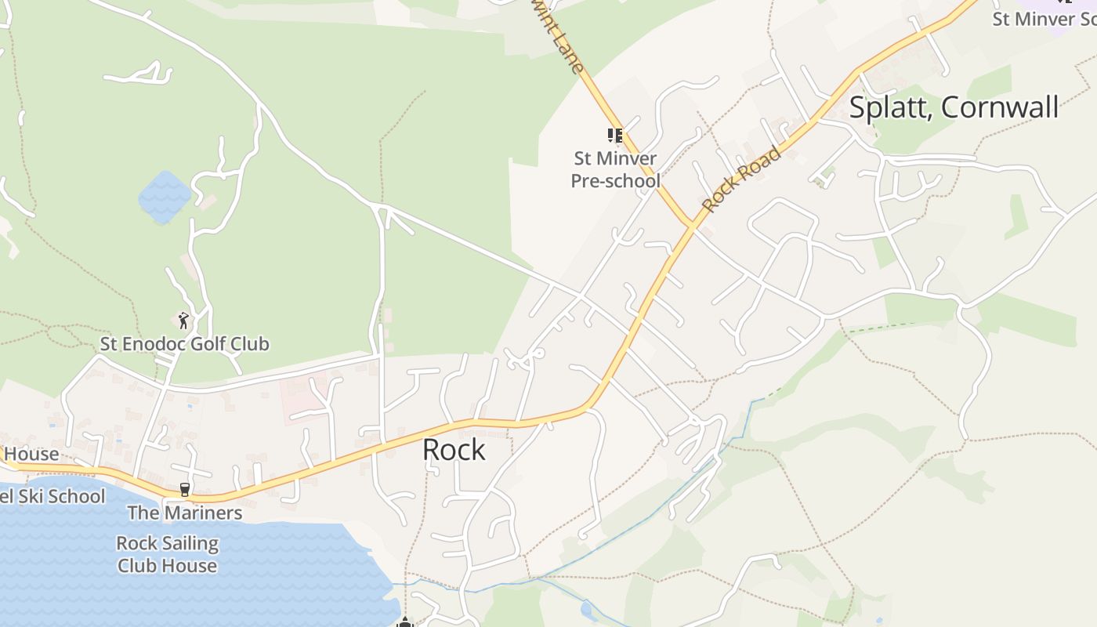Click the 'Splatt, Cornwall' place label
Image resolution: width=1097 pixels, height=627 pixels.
click(x=954, y=107)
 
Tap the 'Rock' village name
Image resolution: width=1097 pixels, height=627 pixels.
click(x=454, y=450)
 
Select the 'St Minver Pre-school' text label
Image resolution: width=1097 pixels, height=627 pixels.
click(x=615, y=169)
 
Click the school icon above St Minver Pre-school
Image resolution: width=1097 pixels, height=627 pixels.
click(x=615, y=136)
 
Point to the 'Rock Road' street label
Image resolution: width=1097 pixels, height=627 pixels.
click(x=741, y=179)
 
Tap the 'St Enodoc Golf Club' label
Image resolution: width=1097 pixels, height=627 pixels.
click(x=184, y=344)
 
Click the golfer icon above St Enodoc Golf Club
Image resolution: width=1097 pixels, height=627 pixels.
click(x=183, y=320)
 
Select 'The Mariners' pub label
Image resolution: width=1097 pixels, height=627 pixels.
click(x=184, y=513)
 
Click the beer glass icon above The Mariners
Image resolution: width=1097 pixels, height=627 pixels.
click(x=185, y=489)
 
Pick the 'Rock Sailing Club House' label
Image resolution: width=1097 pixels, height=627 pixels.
click(x=167, y=554)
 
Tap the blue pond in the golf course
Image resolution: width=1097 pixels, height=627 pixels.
click(x=165, y=197)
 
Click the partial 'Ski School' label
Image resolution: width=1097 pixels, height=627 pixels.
click(x=52, y=496)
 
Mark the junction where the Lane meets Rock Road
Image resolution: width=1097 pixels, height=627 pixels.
click(x=693, y=226)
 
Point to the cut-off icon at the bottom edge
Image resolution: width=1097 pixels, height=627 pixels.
click(x=404, y=622)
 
